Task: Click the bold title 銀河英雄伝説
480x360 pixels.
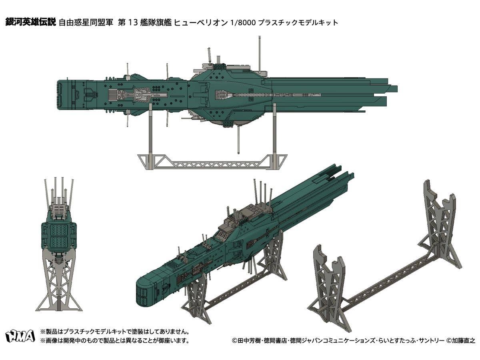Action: pos(30,22)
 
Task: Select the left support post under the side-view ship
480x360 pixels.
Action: pos(150,132)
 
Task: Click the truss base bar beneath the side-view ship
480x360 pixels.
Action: pos(212,162)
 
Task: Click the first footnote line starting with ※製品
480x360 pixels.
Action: pos(114,332)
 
